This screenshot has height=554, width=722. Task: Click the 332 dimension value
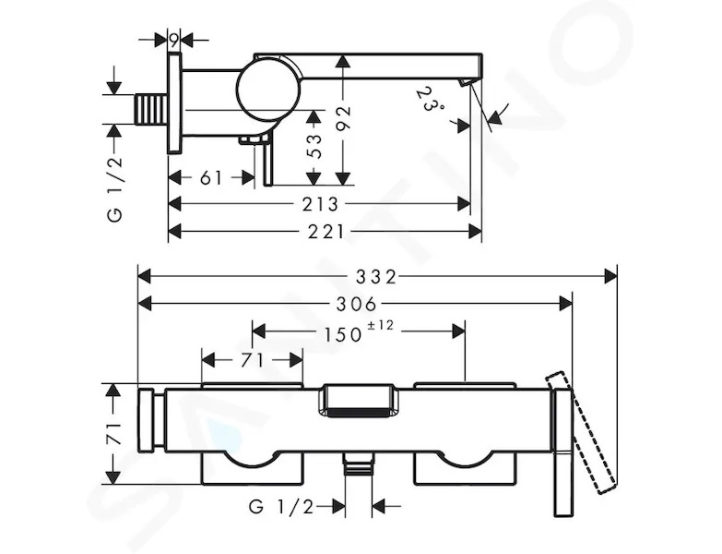pyautogui.click(x=375, y=277)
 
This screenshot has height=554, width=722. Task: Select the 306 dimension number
pyautogui.click(x=357, y=304)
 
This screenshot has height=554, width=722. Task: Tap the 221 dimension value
pyautogui.click(x=326, y=232)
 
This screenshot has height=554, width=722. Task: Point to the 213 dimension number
pyautogui.click(x=321, y=204)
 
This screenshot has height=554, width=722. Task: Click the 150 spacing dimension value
pyautogui.click(x=343, y=334)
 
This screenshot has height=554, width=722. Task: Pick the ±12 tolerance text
pyautogui.click(x=380, y=326)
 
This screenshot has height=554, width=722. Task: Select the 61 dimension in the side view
pyautogui.click(x=211, y=177)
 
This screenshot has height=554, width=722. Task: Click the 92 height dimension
pyautogui.click(x=343, y=118)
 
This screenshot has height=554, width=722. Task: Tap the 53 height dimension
pyautogui.click(x=315, y=146)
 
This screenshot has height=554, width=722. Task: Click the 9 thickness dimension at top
pyautogui.click(x=173, y=41)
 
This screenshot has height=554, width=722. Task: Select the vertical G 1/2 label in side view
pyautogui.click(x=115, y=189)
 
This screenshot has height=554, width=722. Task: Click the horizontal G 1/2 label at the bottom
pyautogui.click(x=281, y=507)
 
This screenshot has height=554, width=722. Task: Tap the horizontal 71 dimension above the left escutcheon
pyautogui.click(x=252, y=360)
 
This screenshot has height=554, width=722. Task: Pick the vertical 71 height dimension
pyautogui.click(x=113, y=433)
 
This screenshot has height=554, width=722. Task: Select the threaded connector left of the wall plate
pyautogui.click(x=151, y=109)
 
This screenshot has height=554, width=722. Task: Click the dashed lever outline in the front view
pyautogui.click(x=581, y=433)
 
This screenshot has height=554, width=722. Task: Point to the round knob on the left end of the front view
pyautogui.click(x=146, y=419)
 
